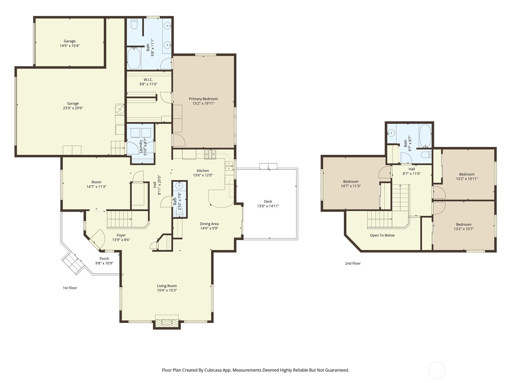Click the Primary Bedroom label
pos(203,99)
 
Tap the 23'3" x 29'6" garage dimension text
pos(73,108)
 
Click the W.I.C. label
pos(148,80)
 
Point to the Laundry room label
pos(141,146)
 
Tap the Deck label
pos(268,201)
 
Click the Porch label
pos(104,259)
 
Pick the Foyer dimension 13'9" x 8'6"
pos(121,240)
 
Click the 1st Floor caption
pos(70,288)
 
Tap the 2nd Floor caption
pos(353,264)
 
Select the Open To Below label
pos(382,236)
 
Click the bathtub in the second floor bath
pos(425,135)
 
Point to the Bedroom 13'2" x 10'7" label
pos(463,224)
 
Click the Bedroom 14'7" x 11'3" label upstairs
pos(351,182)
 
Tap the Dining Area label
pos(209,224)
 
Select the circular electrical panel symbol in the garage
pos(120,109)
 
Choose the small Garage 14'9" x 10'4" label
pos(70,41)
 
